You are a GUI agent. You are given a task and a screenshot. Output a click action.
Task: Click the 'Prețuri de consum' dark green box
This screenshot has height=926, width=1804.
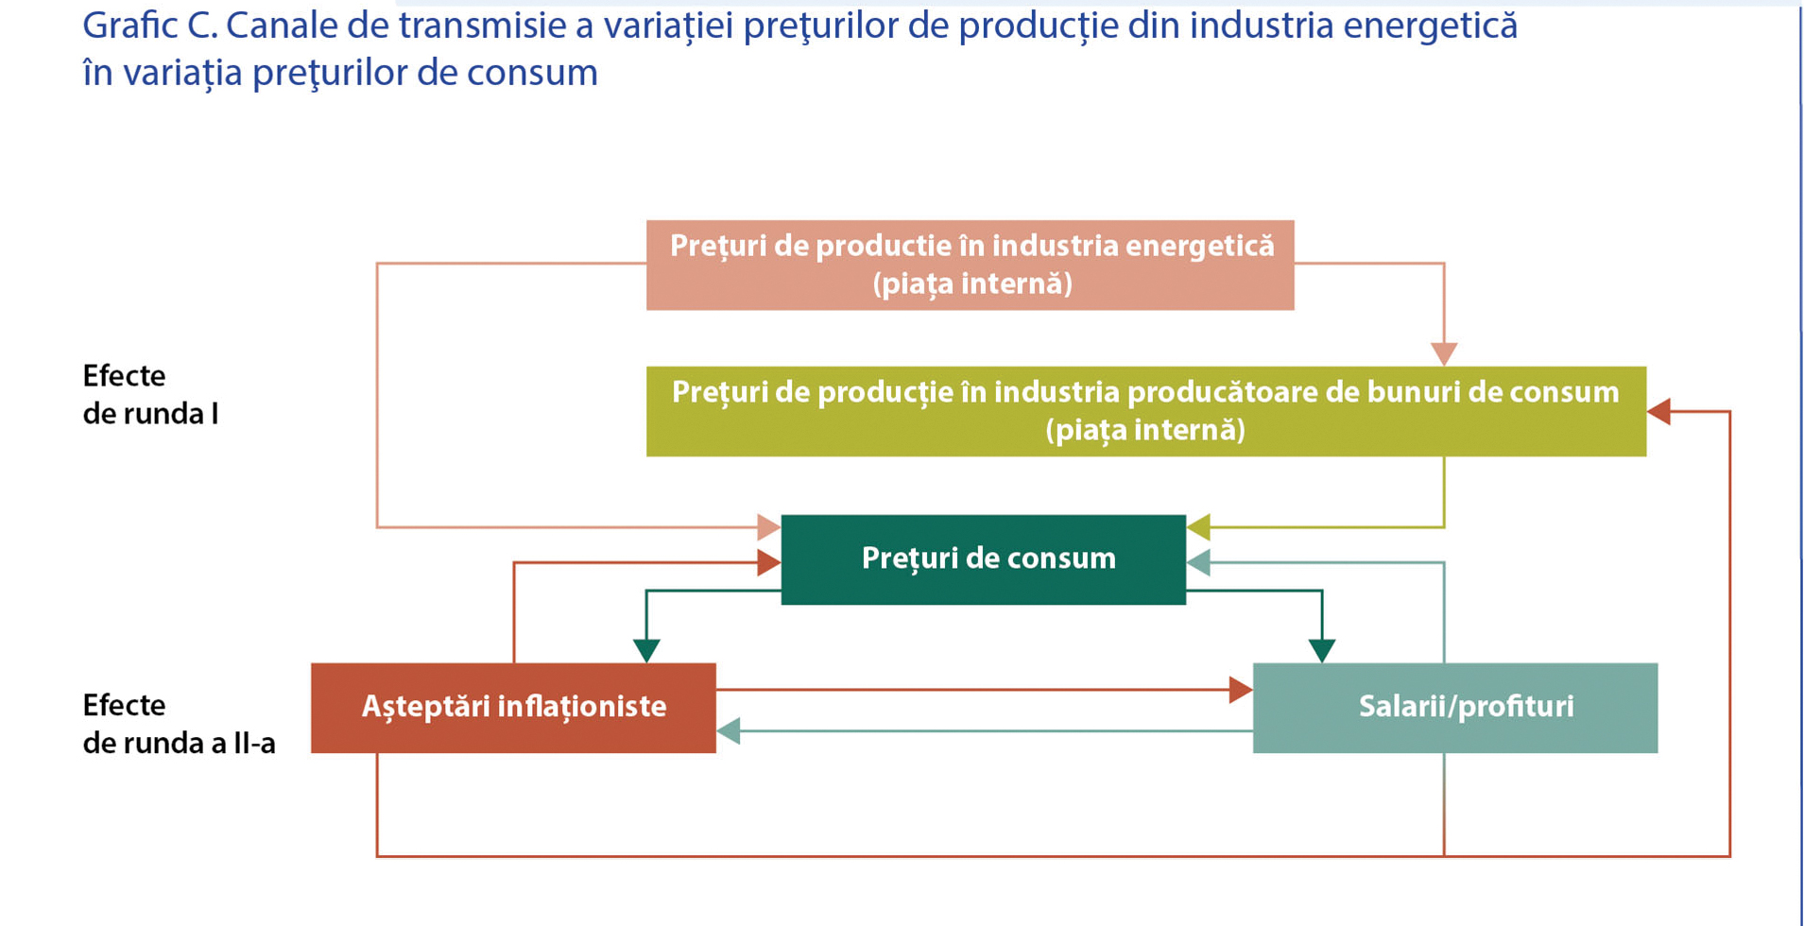pos(983,559)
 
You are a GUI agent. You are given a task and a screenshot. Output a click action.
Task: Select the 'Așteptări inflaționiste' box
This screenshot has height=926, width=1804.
pos(513,708)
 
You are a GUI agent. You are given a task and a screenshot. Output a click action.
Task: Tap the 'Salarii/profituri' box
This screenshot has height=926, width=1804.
pos(1455,708)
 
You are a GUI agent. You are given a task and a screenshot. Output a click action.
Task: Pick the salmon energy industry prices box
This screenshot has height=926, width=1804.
pos(970,266)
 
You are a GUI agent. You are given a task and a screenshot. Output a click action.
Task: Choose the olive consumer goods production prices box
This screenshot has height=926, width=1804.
pos(1146,411)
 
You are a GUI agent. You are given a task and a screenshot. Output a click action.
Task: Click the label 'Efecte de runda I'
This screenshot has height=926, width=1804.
pos(150,394)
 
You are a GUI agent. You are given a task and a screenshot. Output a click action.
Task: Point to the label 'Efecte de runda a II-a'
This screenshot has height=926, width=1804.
pos(179,724)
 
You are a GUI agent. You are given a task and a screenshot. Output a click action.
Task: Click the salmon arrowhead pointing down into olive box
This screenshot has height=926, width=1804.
pos(1444,354)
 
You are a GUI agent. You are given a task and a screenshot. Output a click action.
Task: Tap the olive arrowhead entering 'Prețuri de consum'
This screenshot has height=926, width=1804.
pos(1198,527)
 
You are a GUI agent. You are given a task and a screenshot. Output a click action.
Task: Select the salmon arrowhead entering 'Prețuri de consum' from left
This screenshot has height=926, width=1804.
pos(769,527)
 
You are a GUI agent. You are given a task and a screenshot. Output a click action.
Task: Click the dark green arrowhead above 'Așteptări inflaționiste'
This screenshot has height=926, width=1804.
pos(646,651)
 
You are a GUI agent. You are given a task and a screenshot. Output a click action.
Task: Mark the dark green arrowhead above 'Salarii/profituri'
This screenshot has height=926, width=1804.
pos(1322,651)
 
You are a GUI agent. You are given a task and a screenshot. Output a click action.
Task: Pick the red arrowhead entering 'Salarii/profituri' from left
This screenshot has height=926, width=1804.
pos(1242,690)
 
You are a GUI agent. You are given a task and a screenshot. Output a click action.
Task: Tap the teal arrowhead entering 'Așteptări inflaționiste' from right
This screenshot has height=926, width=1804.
pos(728,730)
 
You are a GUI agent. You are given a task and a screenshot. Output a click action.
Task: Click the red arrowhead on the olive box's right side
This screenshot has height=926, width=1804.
pos(1658,411)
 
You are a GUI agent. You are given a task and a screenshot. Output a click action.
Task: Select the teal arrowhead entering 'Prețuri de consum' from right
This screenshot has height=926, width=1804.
pos(1198,563)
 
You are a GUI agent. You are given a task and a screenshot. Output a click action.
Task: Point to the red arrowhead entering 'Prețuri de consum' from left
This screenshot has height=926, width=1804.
pos(769,563)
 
